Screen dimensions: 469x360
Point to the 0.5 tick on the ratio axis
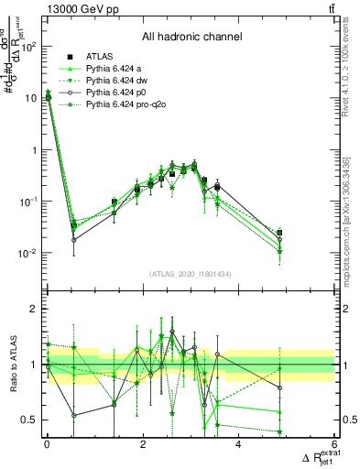pyautogui.click(x=29, y=420)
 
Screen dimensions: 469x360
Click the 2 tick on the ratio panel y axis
pyautogui.click(x=34, y=309)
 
